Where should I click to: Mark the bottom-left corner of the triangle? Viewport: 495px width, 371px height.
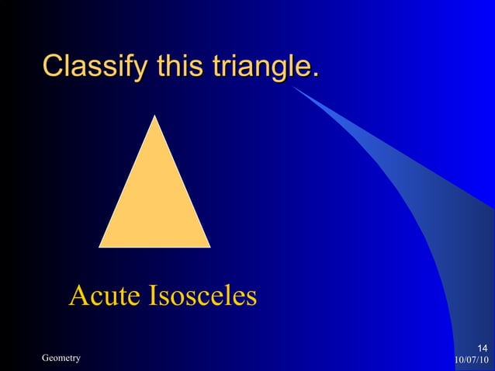(x=100, y=246)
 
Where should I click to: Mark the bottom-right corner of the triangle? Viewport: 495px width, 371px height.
(x=209, y=246)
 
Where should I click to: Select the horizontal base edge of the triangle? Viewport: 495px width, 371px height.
(x=155, y=246)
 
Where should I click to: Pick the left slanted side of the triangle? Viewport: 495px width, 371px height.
(x=127, y=182)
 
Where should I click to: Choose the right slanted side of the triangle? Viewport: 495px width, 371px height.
(x=183, y=182)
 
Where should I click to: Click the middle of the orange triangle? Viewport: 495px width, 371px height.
(x=155, y=202)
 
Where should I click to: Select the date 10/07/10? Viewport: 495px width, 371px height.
(x=471, y=359)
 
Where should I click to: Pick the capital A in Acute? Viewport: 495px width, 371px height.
(x=78, y=296)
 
